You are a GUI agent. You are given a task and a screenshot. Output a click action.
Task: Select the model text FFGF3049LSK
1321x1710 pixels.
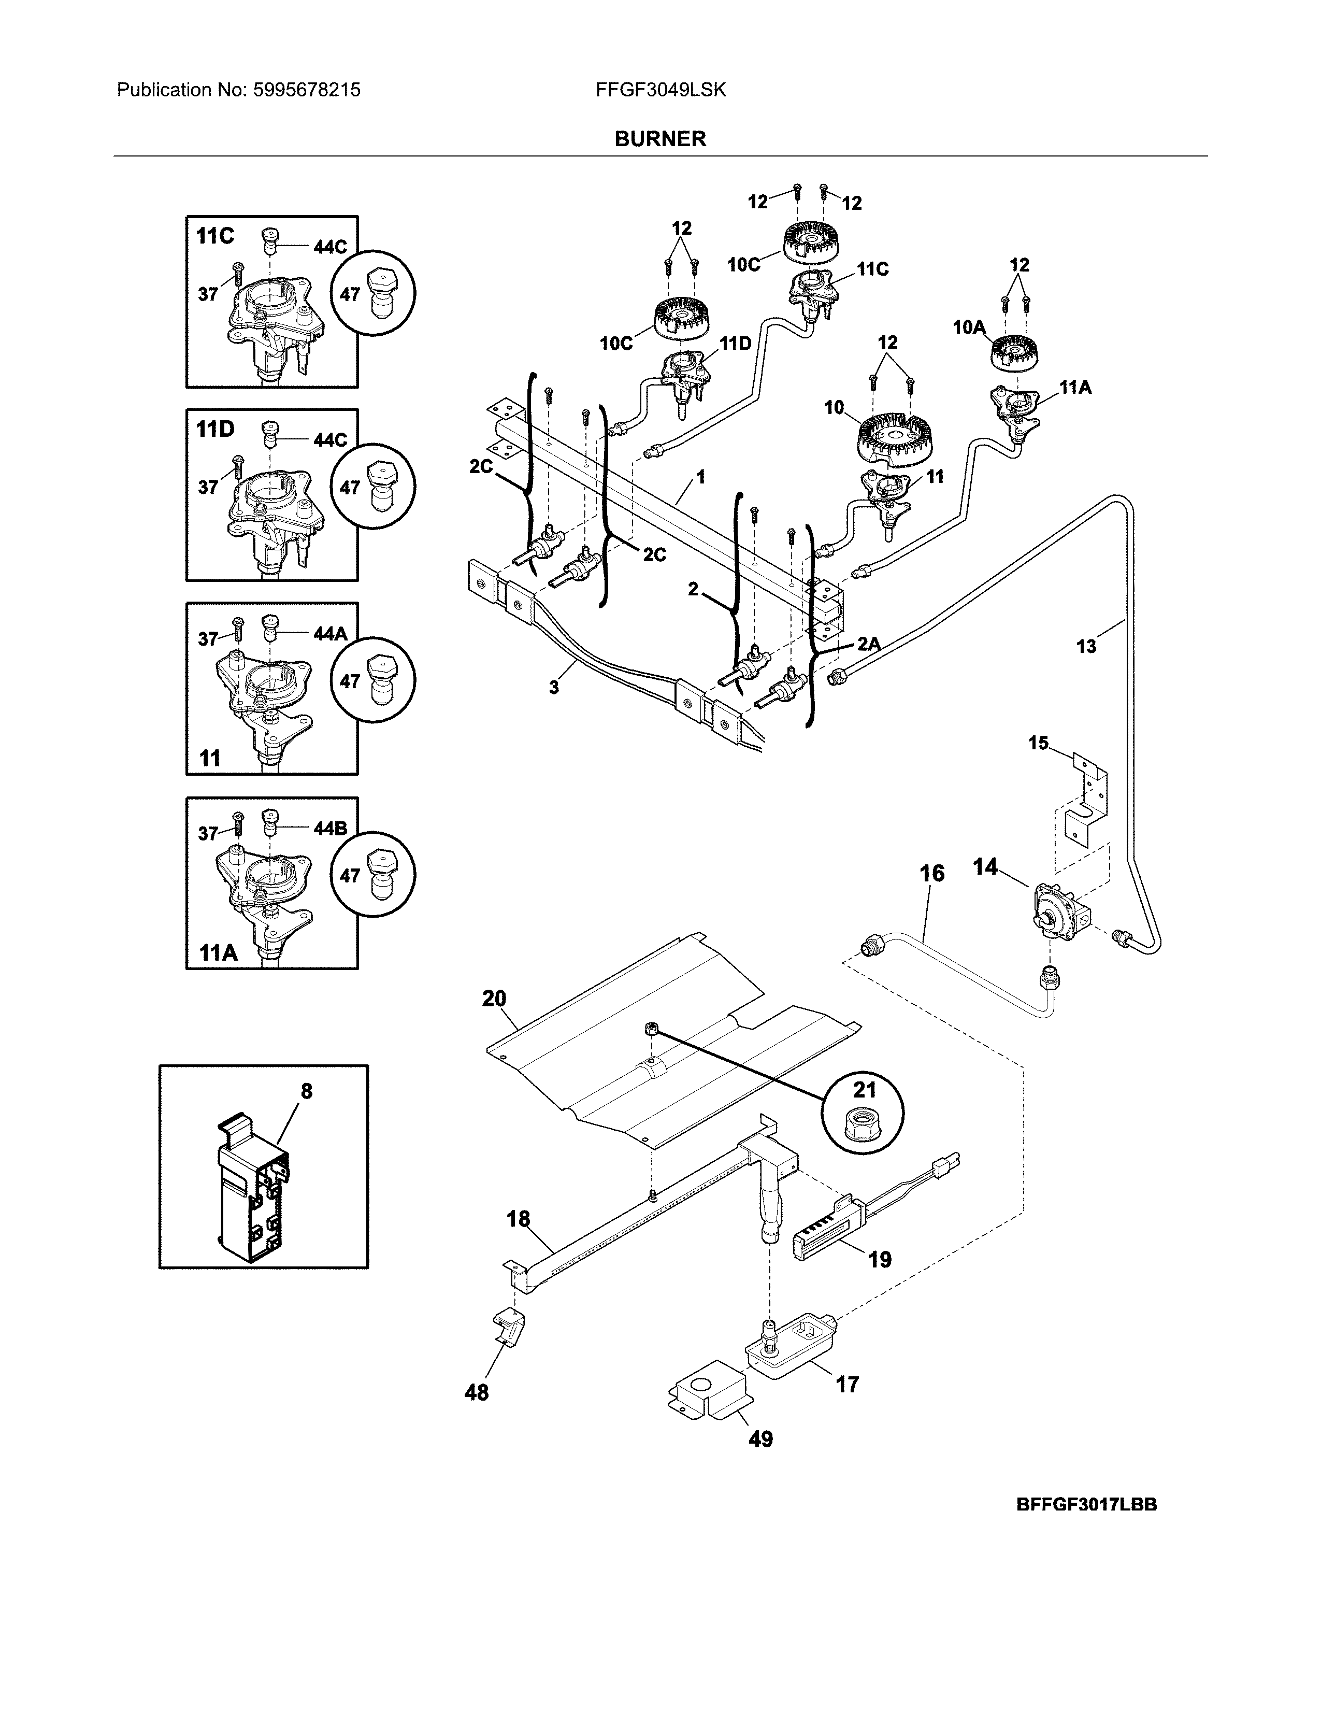[660, 90]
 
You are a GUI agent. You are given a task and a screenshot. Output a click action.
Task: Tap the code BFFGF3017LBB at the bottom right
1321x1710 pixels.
[1086, 1504]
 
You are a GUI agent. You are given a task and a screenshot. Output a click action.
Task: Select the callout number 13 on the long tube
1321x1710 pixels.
[1086, 646]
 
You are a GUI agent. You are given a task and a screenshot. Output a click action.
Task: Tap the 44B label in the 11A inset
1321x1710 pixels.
[329, 829]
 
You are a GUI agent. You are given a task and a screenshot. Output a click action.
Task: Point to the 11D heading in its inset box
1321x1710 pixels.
[215, 429]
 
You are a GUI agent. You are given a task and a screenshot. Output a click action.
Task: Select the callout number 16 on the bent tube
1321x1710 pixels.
[931, 873]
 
